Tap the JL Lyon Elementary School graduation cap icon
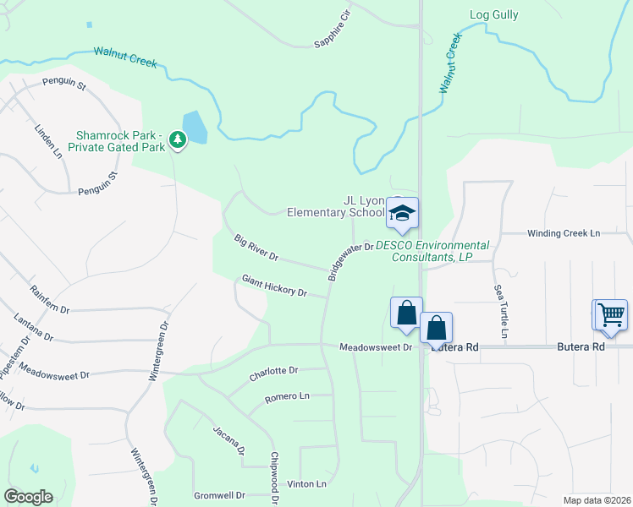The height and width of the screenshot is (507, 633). pos(403,213)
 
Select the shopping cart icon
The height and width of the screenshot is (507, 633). pos(610,314)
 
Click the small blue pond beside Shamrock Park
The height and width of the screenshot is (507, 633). pos(194,128)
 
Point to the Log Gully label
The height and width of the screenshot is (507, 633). pos(493,14)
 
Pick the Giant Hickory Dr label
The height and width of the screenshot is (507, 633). pos(274,286)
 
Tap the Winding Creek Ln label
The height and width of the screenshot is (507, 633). pos(563,233)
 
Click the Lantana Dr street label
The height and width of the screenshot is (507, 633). pos(34,328)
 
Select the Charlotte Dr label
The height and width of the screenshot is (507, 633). pos(273,370)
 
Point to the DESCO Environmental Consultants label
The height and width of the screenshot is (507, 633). pos(432,251)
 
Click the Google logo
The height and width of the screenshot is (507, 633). pos(28,496)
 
